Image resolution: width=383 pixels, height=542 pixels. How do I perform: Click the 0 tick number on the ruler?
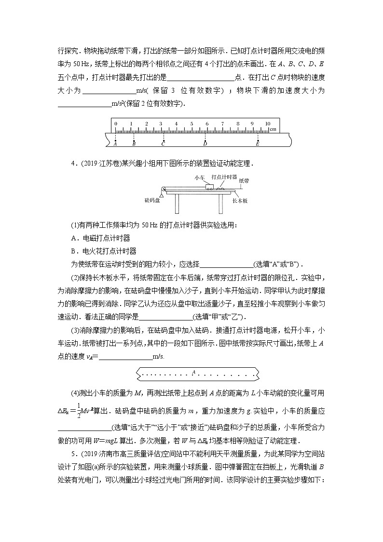(x=116, y=124)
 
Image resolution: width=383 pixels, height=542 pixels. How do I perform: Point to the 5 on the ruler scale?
(x=191, y=124)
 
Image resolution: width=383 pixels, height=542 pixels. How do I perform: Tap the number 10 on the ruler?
(x=267, y=124)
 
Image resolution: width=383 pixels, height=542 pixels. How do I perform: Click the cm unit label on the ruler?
(x=273, y=129)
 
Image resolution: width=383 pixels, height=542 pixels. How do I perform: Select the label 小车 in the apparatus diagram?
(x=200, y=178)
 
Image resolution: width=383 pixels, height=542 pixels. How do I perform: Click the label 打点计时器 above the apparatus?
(x=222, y=177)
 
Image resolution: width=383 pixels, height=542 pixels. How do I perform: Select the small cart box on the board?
(x=209, y=186)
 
